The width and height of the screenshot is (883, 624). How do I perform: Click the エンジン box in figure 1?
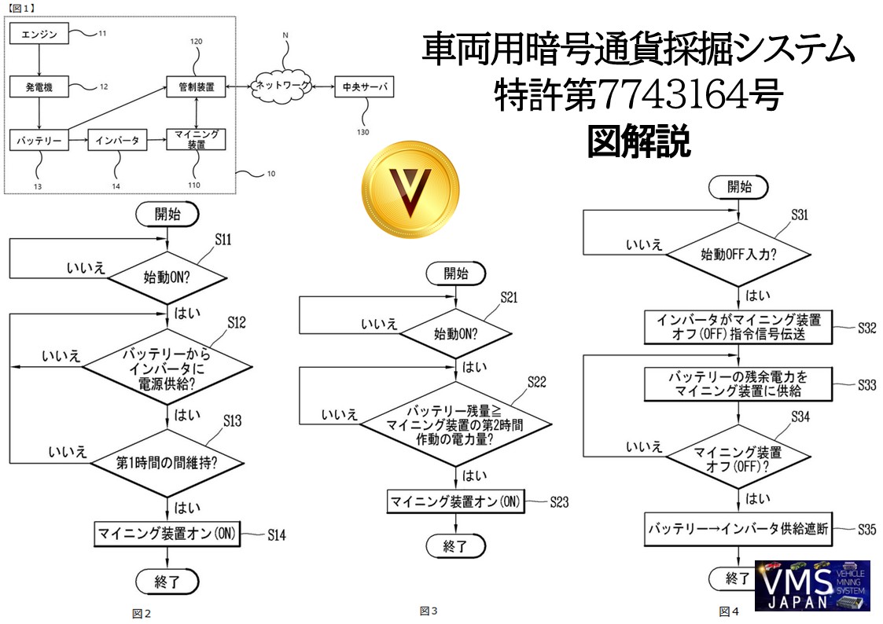(39, 34)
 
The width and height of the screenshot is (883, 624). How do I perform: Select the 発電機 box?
(39, 86)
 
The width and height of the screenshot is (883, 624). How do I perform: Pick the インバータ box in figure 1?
(117, 141)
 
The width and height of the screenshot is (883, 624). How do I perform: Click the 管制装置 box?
(196, 86)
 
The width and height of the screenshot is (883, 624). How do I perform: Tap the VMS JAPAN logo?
(811, 585)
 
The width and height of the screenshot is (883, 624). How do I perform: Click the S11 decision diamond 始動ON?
(167, 277)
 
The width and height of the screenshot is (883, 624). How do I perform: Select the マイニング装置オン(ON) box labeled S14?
(167, 534)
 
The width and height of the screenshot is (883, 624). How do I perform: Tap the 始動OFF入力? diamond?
(738, 255)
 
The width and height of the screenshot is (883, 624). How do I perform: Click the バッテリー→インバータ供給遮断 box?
(738, 529)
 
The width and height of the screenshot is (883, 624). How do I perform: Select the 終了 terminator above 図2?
(167, 582)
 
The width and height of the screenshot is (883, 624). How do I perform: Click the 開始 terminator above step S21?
(455, 273)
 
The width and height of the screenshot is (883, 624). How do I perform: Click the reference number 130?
(362, 132)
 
